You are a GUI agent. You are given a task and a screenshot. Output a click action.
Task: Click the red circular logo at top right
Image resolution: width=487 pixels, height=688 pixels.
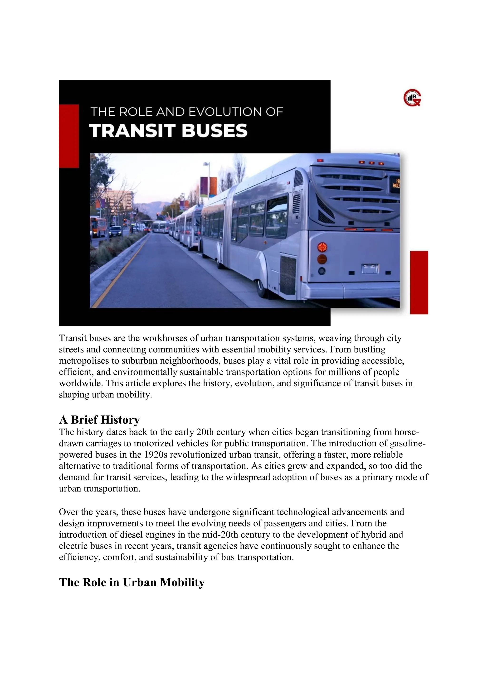pos(412,98)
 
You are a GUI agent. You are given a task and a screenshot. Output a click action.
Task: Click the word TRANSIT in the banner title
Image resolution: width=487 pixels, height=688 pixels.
pos(132,131)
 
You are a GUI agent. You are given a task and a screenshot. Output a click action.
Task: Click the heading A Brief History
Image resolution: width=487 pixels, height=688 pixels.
pos(99,420)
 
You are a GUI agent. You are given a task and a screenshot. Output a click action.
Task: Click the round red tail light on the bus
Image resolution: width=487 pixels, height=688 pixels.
pos(322,247)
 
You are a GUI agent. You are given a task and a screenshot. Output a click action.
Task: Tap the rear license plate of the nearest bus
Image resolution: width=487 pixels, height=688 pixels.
pos(370,268)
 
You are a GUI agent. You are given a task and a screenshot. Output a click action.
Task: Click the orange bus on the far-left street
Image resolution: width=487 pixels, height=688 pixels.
pos(98,227)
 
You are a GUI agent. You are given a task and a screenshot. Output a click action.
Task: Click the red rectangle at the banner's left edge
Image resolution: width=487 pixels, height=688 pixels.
pos(69,136)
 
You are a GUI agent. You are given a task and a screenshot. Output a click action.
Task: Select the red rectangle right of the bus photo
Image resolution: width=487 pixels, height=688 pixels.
pos(419,282)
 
